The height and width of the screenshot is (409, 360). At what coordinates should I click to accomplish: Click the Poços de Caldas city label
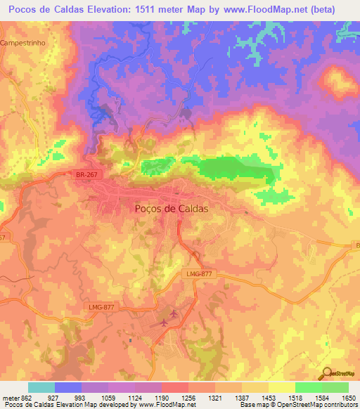coord(172,209)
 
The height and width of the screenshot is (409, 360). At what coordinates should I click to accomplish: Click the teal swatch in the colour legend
coord(41,387)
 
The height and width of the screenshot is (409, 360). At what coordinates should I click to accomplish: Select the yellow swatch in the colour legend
coord(281,387)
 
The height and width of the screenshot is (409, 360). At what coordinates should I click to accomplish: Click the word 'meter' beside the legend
coord(10,398)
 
